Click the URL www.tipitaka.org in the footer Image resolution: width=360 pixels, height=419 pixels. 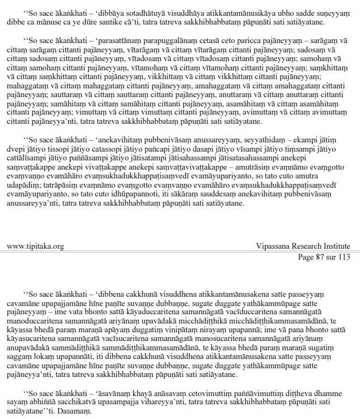tap(35, 246)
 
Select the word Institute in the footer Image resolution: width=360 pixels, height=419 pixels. tap(333, 246)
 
